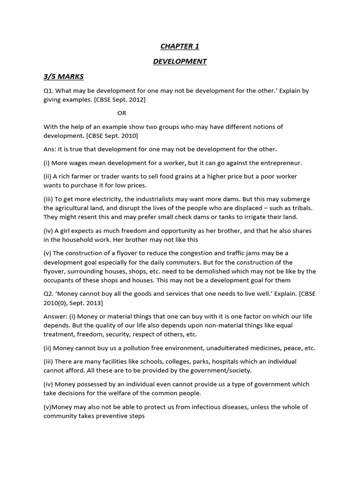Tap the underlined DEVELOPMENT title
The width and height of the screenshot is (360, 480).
coord(180,61)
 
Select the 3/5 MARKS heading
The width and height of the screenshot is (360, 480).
coord(64,76)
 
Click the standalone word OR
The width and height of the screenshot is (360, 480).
coord(121,113)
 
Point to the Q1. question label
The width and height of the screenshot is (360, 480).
coord(49,91)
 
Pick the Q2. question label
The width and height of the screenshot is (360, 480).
coord(49,293)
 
